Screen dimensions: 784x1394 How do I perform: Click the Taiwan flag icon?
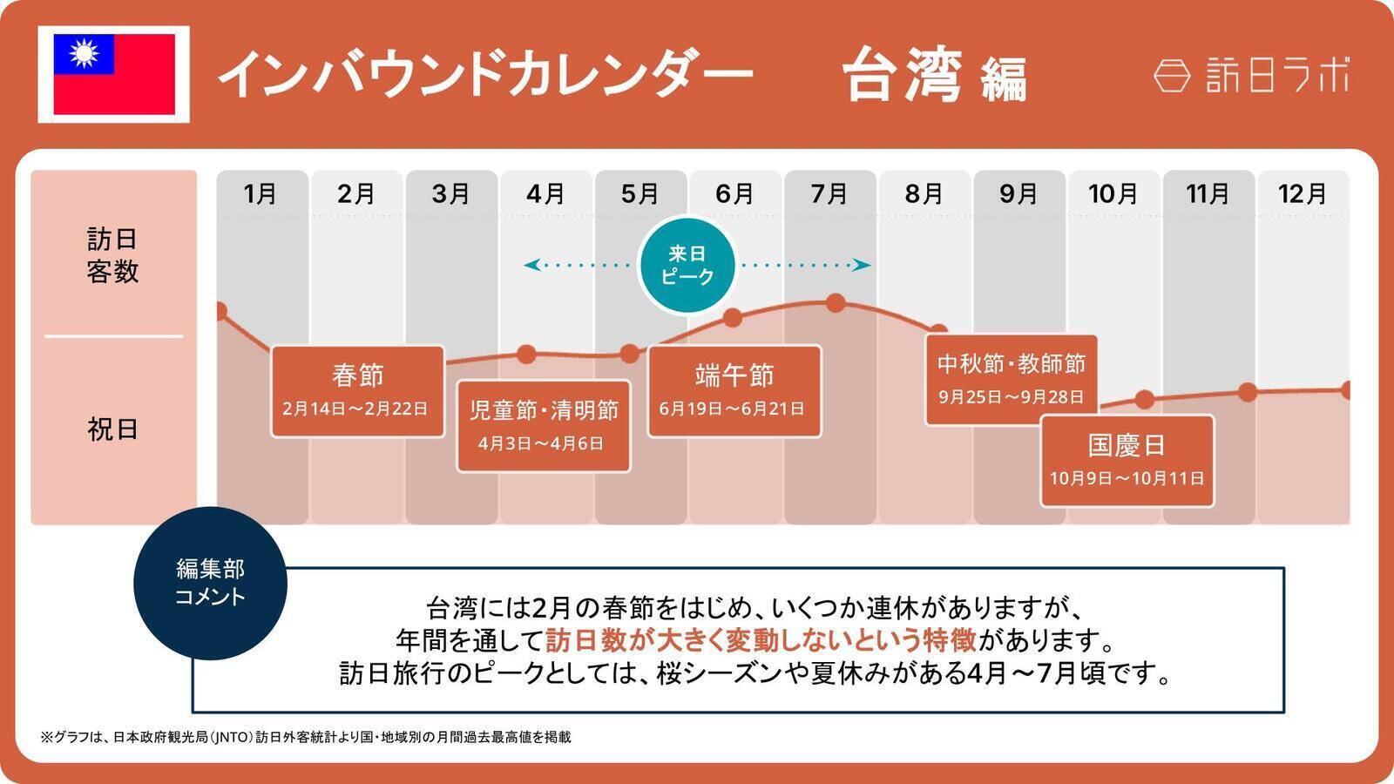pyautogui.click(x=114, y=74)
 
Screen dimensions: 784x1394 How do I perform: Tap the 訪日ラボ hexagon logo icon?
pyautogui.click(x=1172, y=76)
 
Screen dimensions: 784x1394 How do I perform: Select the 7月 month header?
pyautogui.click(x=829, y=193)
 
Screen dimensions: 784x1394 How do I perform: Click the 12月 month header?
pyautogui.click(x=1302, y=193)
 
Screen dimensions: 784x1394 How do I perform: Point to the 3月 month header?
pyautogui.click(x=450, y=193)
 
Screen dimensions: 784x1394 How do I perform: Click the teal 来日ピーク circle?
pyautogui.click(x=687, y=265)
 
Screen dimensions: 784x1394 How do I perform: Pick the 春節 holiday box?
pyautogui.click(x=357, y=391)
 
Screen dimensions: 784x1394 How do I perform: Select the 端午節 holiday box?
pyautogui.click(x=734, y=391)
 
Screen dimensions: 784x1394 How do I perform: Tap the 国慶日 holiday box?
pyautogui.click(x=1127, y=460)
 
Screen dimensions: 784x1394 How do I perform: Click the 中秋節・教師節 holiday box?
pyautogui.click(x=1011, y=380)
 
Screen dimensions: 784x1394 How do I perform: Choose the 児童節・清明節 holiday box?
pyautogui.click(x=543, y=426)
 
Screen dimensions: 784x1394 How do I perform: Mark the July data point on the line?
pyautogui.click(x=836, y=303)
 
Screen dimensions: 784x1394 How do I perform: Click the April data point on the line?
pyautogui.click(x=526, y=354)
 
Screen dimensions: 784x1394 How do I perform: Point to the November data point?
pyautogui.click(x=1248, y=392)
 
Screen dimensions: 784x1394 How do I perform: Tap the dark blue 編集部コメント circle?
pyautogui.click(x=210, y=583)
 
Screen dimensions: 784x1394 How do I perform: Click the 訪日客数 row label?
pyautogui.click(x=112, y=255)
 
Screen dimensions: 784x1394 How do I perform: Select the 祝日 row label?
pyautogui.click(x=112, y=429)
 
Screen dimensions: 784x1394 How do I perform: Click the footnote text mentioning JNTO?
pyautogui.click(x=306, y=737)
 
